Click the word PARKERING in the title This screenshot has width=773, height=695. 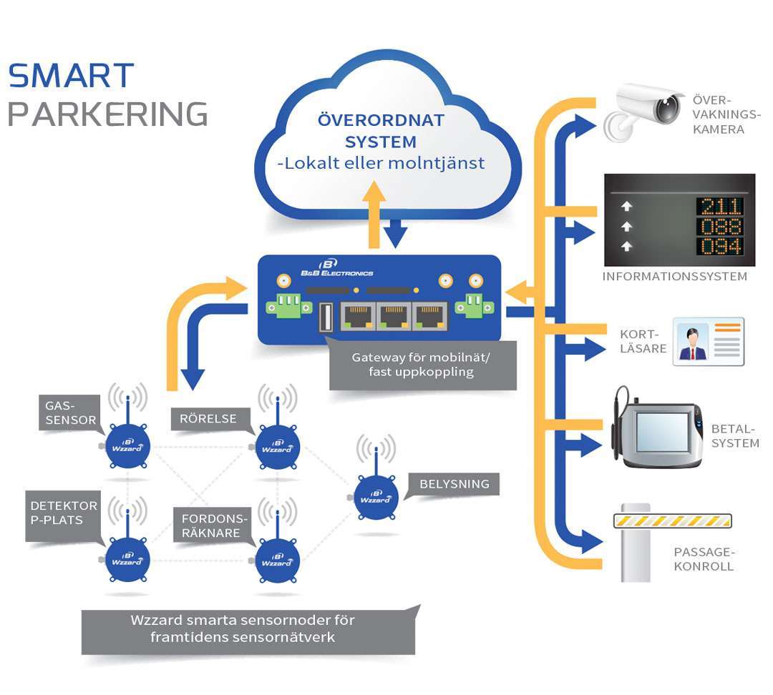107,114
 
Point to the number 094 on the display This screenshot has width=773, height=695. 719,247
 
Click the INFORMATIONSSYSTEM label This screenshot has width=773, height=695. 675,277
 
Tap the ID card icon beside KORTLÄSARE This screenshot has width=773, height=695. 708,342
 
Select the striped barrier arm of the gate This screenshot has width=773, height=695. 674,521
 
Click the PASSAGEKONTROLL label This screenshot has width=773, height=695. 704,559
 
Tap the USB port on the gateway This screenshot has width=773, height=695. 326,317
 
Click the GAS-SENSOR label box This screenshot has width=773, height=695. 69,413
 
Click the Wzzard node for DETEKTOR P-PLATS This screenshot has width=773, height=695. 128,558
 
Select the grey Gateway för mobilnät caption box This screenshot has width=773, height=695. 422,365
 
